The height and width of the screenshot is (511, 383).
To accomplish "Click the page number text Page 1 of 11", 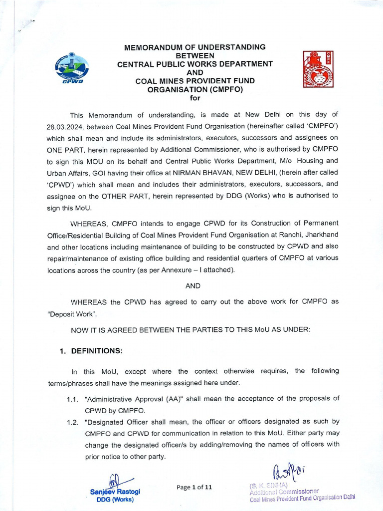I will (x=194, y=488).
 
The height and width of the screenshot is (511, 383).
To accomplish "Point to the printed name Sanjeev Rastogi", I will (x=115, y=491).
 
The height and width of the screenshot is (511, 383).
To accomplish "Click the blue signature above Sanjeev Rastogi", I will (x=115, y=480).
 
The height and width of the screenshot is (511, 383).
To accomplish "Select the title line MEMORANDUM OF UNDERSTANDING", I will (x=194, y=47).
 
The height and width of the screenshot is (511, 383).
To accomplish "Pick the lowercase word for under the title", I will (x=194, y=97).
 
